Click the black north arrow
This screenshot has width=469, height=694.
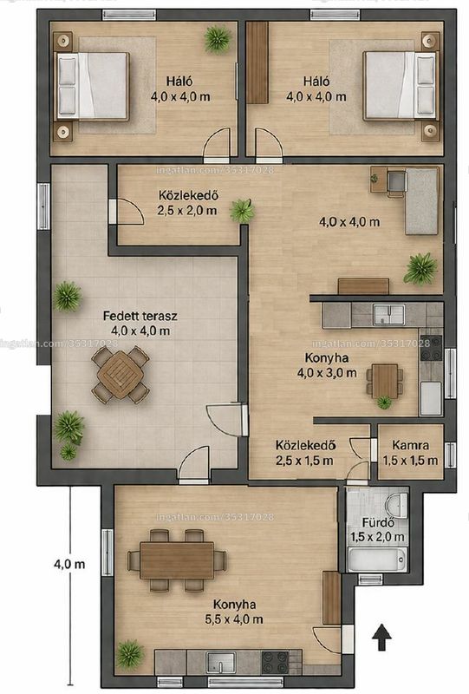pos(381,637)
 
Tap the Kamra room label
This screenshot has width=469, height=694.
pos(410,444)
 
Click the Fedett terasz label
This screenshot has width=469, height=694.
pos(140,316)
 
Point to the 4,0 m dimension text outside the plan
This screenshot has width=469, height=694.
pos(69,564)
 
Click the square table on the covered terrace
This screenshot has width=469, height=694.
pos(121,374)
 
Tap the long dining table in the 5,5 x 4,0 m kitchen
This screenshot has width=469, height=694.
pos(177,560)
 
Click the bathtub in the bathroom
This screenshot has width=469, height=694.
pos(377,560)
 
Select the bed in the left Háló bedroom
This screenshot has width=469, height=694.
pos(92,86)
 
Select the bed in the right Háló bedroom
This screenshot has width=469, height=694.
pos(401,86)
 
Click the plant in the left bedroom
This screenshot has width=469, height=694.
pos(218,39)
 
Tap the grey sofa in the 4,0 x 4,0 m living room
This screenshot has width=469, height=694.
pos(421,201)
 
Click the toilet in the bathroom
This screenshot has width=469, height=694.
pos(397,505)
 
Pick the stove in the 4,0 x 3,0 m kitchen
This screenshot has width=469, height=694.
pos(431,348)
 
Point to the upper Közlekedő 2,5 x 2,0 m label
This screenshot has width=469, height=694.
pos(187,203)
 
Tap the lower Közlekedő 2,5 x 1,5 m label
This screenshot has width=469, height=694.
pos(305,453)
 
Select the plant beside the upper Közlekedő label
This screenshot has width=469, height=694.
pos(242,211)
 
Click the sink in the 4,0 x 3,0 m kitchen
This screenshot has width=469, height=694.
pos(388,315)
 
